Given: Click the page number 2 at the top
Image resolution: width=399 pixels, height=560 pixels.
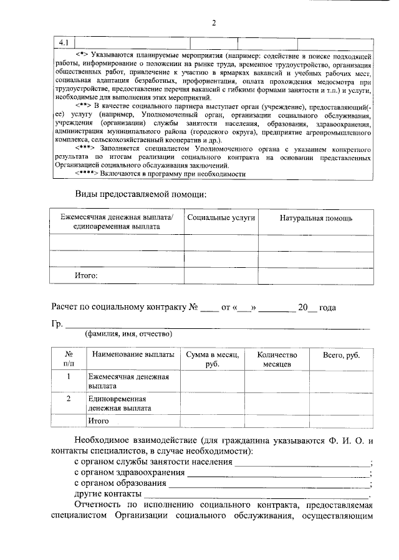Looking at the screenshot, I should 213,24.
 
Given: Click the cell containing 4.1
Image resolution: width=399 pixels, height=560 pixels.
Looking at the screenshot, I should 64,42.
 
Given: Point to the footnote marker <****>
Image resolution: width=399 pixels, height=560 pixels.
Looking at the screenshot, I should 88,173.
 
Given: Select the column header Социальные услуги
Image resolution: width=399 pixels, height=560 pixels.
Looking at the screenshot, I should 221,218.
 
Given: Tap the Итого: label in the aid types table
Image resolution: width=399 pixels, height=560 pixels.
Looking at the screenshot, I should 86,274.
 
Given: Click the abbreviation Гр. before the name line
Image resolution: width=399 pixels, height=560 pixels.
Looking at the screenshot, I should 57,325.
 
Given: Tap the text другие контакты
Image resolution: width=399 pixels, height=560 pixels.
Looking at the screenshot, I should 107,493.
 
